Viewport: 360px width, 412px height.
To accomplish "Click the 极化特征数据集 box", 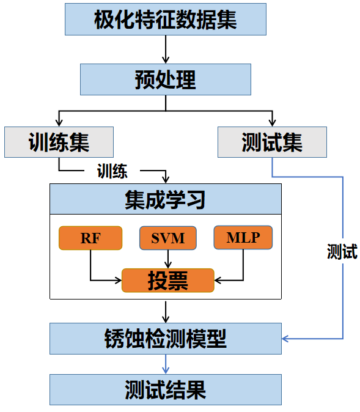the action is (x=166, y=19).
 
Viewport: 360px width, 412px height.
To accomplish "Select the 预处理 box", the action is (x=166, y=79).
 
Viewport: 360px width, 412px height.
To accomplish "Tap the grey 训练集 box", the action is (x=59, y=142).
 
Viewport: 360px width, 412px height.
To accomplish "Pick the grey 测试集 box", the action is (x=272, y=142).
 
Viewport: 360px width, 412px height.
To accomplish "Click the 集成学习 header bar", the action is (x=166, y=199).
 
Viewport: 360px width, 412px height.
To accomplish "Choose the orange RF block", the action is (x=90, y=238).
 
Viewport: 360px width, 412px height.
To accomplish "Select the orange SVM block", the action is (x=168, y=238).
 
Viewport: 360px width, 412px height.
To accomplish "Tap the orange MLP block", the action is (x=243, y=238).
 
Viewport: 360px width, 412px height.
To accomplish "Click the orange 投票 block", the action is (x=168, y=281).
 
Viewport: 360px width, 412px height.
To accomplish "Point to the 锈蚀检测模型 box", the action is (x=166, y=339).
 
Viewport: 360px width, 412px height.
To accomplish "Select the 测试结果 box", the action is (x=166, y=390).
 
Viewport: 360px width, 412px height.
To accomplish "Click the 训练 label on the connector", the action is (x=112, y=171).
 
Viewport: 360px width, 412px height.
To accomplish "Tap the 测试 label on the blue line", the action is (x=342, y=251).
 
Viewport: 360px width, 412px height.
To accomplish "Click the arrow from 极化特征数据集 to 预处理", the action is (x=166, y=50).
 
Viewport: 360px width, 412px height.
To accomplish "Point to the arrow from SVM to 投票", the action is (x=168, y=259).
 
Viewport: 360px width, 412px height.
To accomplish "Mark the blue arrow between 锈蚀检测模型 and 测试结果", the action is (x=166, y=364).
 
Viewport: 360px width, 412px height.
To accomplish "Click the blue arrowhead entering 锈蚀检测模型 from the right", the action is (x=285, y=339).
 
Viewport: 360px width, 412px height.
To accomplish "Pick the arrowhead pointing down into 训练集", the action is (x=59, y=123).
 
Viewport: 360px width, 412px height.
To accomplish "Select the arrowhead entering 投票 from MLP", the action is (x=218, y=281).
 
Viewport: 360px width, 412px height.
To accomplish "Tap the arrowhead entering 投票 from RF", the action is (x=118, y=281).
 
